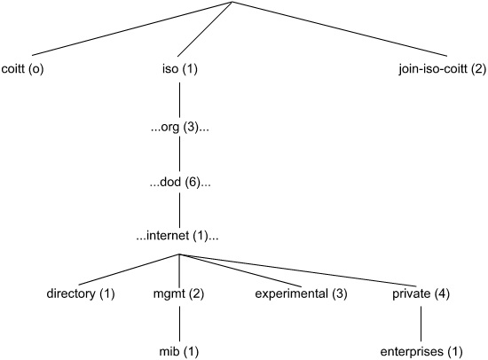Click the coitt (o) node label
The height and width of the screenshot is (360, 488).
coord(22,69)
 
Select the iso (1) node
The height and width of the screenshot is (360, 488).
coord(180,69)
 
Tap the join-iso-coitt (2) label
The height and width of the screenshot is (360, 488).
coord(442,69)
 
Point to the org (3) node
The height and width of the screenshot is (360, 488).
coord(179,128)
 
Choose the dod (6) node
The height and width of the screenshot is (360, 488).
coord(180,183)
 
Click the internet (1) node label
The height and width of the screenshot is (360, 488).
coord(177,236)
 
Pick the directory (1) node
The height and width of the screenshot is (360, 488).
coord(81,293)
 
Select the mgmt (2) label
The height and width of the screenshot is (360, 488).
coord(178,293)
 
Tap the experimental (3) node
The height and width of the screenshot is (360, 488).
coord(301,293)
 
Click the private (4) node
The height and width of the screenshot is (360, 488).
coord(421,293)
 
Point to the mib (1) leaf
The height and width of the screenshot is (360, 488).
coord(178,352)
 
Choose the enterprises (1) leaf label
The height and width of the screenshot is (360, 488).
coord(421,352)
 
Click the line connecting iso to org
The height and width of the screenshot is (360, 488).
coord(179,99)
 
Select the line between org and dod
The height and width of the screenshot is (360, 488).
coord(179,154)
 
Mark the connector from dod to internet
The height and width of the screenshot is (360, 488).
coord(179,210)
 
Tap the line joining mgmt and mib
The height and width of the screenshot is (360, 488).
coord(179,324)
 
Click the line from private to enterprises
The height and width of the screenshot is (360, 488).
coord(421,324)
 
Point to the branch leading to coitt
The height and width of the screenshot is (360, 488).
coord(132,29)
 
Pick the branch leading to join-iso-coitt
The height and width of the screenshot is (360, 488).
coord(340,29)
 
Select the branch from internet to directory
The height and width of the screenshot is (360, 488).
coord(129,270)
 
